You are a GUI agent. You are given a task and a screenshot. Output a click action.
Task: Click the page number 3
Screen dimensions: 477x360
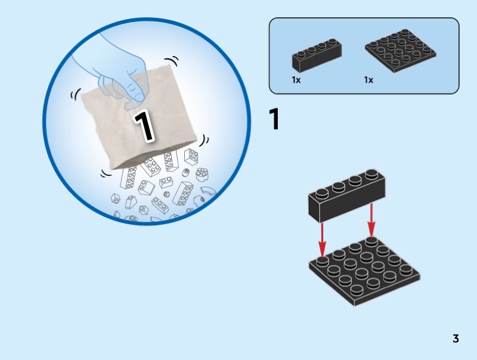click(x=456, y=339)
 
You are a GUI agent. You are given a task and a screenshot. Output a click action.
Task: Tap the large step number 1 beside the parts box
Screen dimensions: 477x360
click(x=274, y=119)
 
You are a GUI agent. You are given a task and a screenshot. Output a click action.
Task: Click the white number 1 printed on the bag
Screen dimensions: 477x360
click(x=144, y=126)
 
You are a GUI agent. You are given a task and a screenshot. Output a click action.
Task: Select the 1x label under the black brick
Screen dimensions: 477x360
click(x=296, y=80)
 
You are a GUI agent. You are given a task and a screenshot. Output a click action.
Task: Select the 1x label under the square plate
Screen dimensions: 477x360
click(x=368, y=80)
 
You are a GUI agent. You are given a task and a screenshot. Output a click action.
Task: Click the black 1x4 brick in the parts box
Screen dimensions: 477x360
click(x=317, y=54)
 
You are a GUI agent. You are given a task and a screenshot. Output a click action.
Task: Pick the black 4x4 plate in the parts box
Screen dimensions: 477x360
click(x=400, y=51)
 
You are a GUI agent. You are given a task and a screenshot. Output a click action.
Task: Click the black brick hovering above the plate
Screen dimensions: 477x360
click(x=347, y=195)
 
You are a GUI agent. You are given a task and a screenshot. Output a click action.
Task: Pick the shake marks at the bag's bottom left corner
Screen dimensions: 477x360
click(x=107, y=173)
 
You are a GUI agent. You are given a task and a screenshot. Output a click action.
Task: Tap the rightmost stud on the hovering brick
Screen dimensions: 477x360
click(x=371, y=174)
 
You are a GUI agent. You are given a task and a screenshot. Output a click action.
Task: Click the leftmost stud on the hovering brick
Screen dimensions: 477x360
click(x=322, y=193)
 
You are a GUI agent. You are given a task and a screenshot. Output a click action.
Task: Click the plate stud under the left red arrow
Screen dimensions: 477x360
click(x=322, y=261)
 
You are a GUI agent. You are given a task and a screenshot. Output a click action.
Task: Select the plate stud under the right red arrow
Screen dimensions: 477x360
click(x=371, y=241)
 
